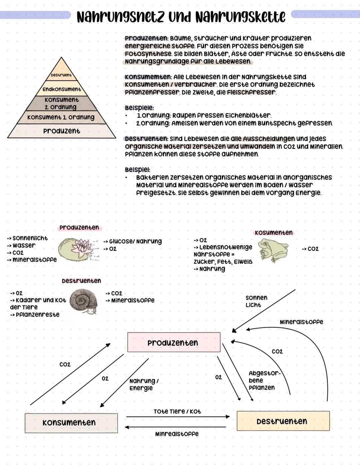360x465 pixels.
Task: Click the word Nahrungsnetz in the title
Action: pyautogui.click(x=120, y=17)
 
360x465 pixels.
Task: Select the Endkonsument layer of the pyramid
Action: pyautogui.click(x=62, y=89)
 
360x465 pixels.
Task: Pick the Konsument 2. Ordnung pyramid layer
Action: pyautogui.click(x=61, y=103)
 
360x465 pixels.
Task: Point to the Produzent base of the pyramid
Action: pyautogui.click(x=62, y=131)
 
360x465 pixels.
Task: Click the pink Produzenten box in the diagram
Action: pyautogui.click(x=174, y=342)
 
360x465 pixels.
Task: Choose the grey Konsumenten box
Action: pyautogui.click(x=71, y=423)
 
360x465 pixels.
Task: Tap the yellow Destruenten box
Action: pyautogui.click(x=283, y=421)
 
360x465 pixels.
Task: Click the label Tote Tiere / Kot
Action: pyautogui.click(x=177, y=412)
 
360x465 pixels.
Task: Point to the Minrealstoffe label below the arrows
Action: pyautogui.click(x=177, y=434)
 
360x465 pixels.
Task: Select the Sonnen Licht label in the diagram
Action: pyautogui.click(x=256, y=301)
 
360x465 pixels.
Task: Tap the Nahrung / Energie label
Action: pyautogui.click(x=143, y=384)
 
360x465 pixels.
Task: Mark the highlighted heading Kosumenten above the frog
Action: pyautogui.click(x=273, y=232)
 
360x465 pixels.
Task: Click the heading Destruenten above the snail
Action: pyautogui.click(x=81, y=281)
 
